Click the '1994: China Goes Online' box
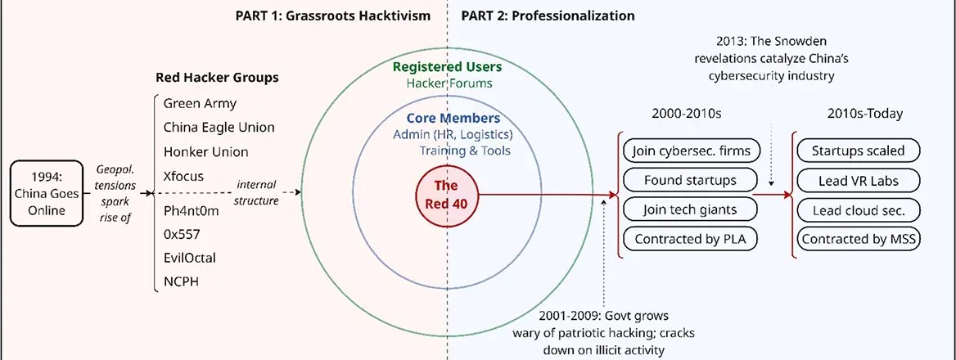(x=47, y=194)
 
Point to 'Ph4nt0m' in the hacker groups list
(x=192, y=211)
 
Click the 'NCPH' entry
(x=181, y=281)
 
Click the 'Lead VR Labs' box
(x=859, y=180)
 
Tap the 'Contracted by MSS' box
(x=859, y=239)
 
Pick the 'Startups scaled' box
(x=859, y=151)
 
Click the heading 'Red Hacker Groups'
(x=218, y=78)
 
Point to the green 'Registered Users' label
(x=446, y=65)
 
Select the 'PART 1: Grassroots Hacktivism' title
(x=333, y=16)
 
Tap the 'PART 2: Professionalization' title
(x=548, y=16)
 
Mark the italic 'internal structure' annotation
(x=257, y=192)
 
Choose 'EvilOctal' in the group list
(x=190, y=258)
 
